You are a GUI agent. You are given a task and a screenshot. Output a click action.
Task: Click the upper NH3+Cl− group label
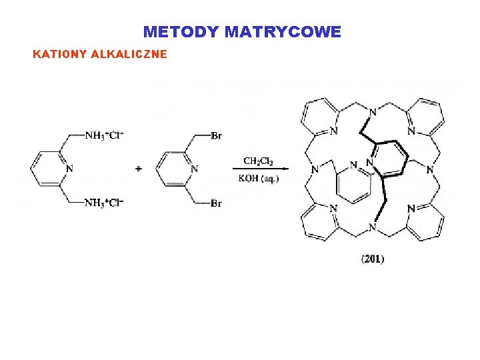105,136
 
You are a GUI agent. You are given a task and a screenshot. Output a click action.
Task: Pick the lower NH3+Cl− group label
105,203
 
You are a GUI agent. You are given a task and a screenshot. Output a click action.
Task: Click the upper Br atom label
216,136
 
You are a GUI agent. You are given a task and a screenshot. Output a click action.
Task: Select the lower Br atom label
216,203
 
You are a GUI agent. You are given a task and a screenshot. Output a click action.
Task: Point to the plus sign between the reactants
139,169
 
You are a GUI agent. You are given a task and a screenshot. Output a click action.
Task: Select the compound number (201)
373,259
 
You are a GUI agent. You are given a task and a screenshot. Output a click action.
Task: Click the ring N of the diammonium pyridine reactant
69,169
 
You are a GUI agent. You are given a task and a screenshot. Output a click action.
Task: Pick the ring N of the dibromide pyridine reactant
194,169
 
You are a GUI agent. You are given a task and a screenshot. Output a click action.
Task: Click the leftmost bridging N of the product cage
313,170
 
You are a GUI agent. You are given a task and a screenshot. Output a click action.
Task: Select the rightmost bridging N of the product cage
431,170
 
